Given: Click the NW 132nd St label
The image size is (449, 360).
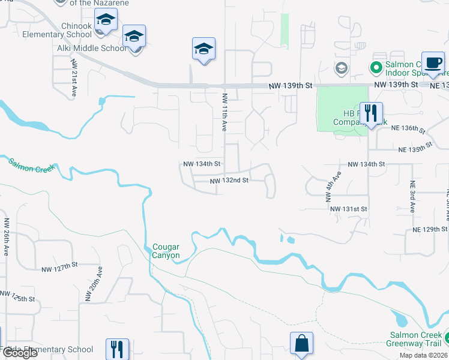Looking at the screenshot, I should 229,181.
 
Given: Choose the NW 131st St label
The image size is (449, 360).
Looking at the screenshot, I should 348,208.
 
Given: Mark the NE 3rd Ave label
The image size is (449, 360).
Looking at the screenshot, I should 412,197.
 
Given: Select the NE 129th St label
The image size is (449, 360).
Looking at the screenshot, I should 430,229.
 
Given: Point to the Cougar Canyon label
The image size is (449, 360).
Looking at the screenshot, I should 166,251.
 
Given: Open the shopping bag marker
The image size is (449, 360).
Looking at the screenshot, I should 301,344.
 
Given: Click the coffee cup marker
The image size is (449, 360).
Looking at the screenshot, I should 433,62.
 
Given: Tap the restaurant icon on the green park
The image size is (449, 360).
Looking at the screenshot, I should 371,112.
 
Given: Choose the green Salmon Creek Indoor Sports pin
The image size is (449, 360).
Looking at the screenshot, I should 377,67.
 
